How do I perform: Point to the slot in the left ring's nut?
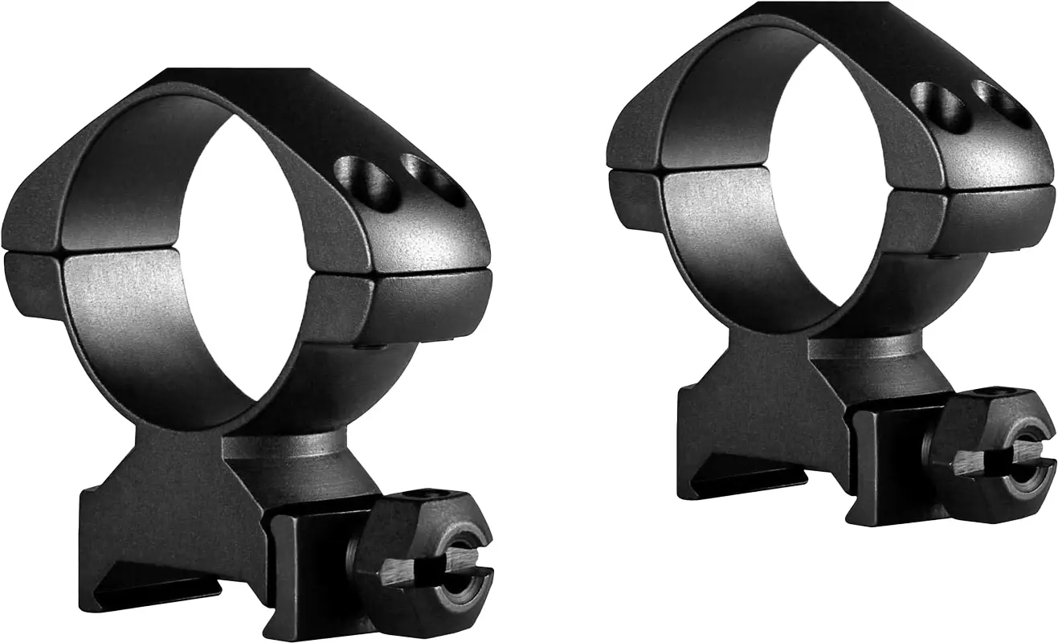450,563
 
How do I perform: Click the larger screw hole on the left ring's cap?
366,182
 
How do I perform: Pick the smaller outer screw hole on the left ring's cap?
434,178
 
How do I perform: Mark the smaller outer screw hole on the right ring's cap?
1000,103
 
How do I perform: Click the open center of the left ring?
241,257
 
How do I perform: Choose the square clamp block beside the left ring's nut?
309,563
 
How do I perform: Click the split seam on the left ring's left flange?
32,251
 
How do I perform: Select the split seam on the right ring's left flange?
635,168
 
